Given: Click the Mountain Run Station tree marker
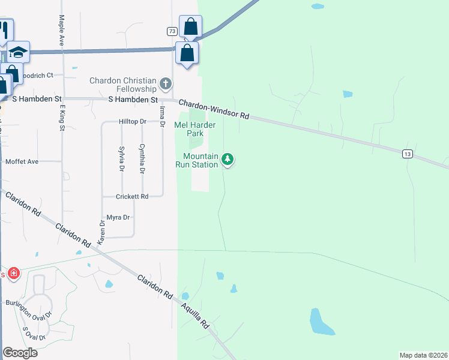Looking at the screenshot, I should (227, 159).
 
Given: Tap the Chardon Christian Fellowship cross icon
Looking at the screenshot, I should (166, 81).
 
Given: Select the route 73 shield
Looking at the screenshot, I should (172, 31).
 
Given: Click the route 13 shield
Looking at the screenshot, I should (408, 154).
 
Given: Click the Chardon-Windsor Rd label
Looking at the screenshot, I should (213, 109).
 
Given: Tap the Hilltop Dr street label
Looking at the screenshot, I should (133, 121).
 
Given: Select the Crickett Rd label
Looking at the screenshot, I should (133, 196).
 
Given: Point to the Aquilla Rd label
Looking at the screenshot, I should (197, 316).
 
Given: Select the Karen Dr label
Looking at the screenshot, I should (101, 231).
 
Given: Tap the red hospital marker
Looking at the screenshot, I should (14, 274).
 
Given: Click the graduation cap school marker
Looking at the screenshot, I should (19, 52).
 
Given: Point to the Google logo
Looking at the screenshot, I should (20, 353).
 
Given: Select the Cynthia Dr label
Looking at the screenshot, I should (142, 159).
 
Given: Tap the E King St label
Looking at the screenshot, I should (62, 116).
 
